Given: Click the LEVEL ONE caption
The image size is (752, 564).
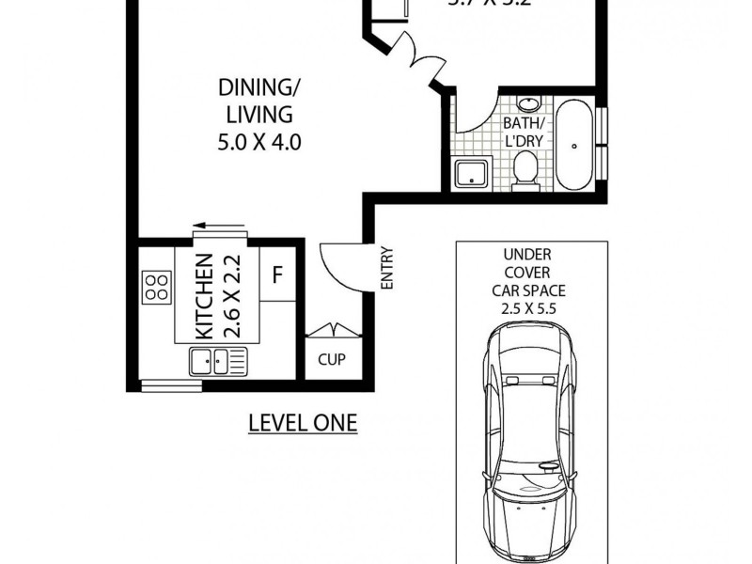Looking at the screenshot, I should (x=303, y=422).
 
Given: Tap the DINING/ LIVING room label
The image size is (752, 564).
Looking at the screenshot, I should (x=256, y=102).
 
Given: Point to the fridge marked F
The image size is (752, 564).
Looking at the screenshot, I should (x=277, y=276).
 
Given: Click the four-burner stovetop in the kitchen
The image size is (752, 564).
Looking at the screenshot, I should (x=155, y=286).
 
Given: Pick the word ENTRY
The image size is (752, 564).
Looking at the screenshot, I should (x=385, y=268).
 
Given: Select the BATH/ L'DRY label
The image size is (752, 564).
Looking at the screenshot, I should (x=524, y=133).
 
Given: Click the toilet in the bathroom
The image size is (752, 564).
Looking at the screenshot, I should (x=525, y=172).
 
